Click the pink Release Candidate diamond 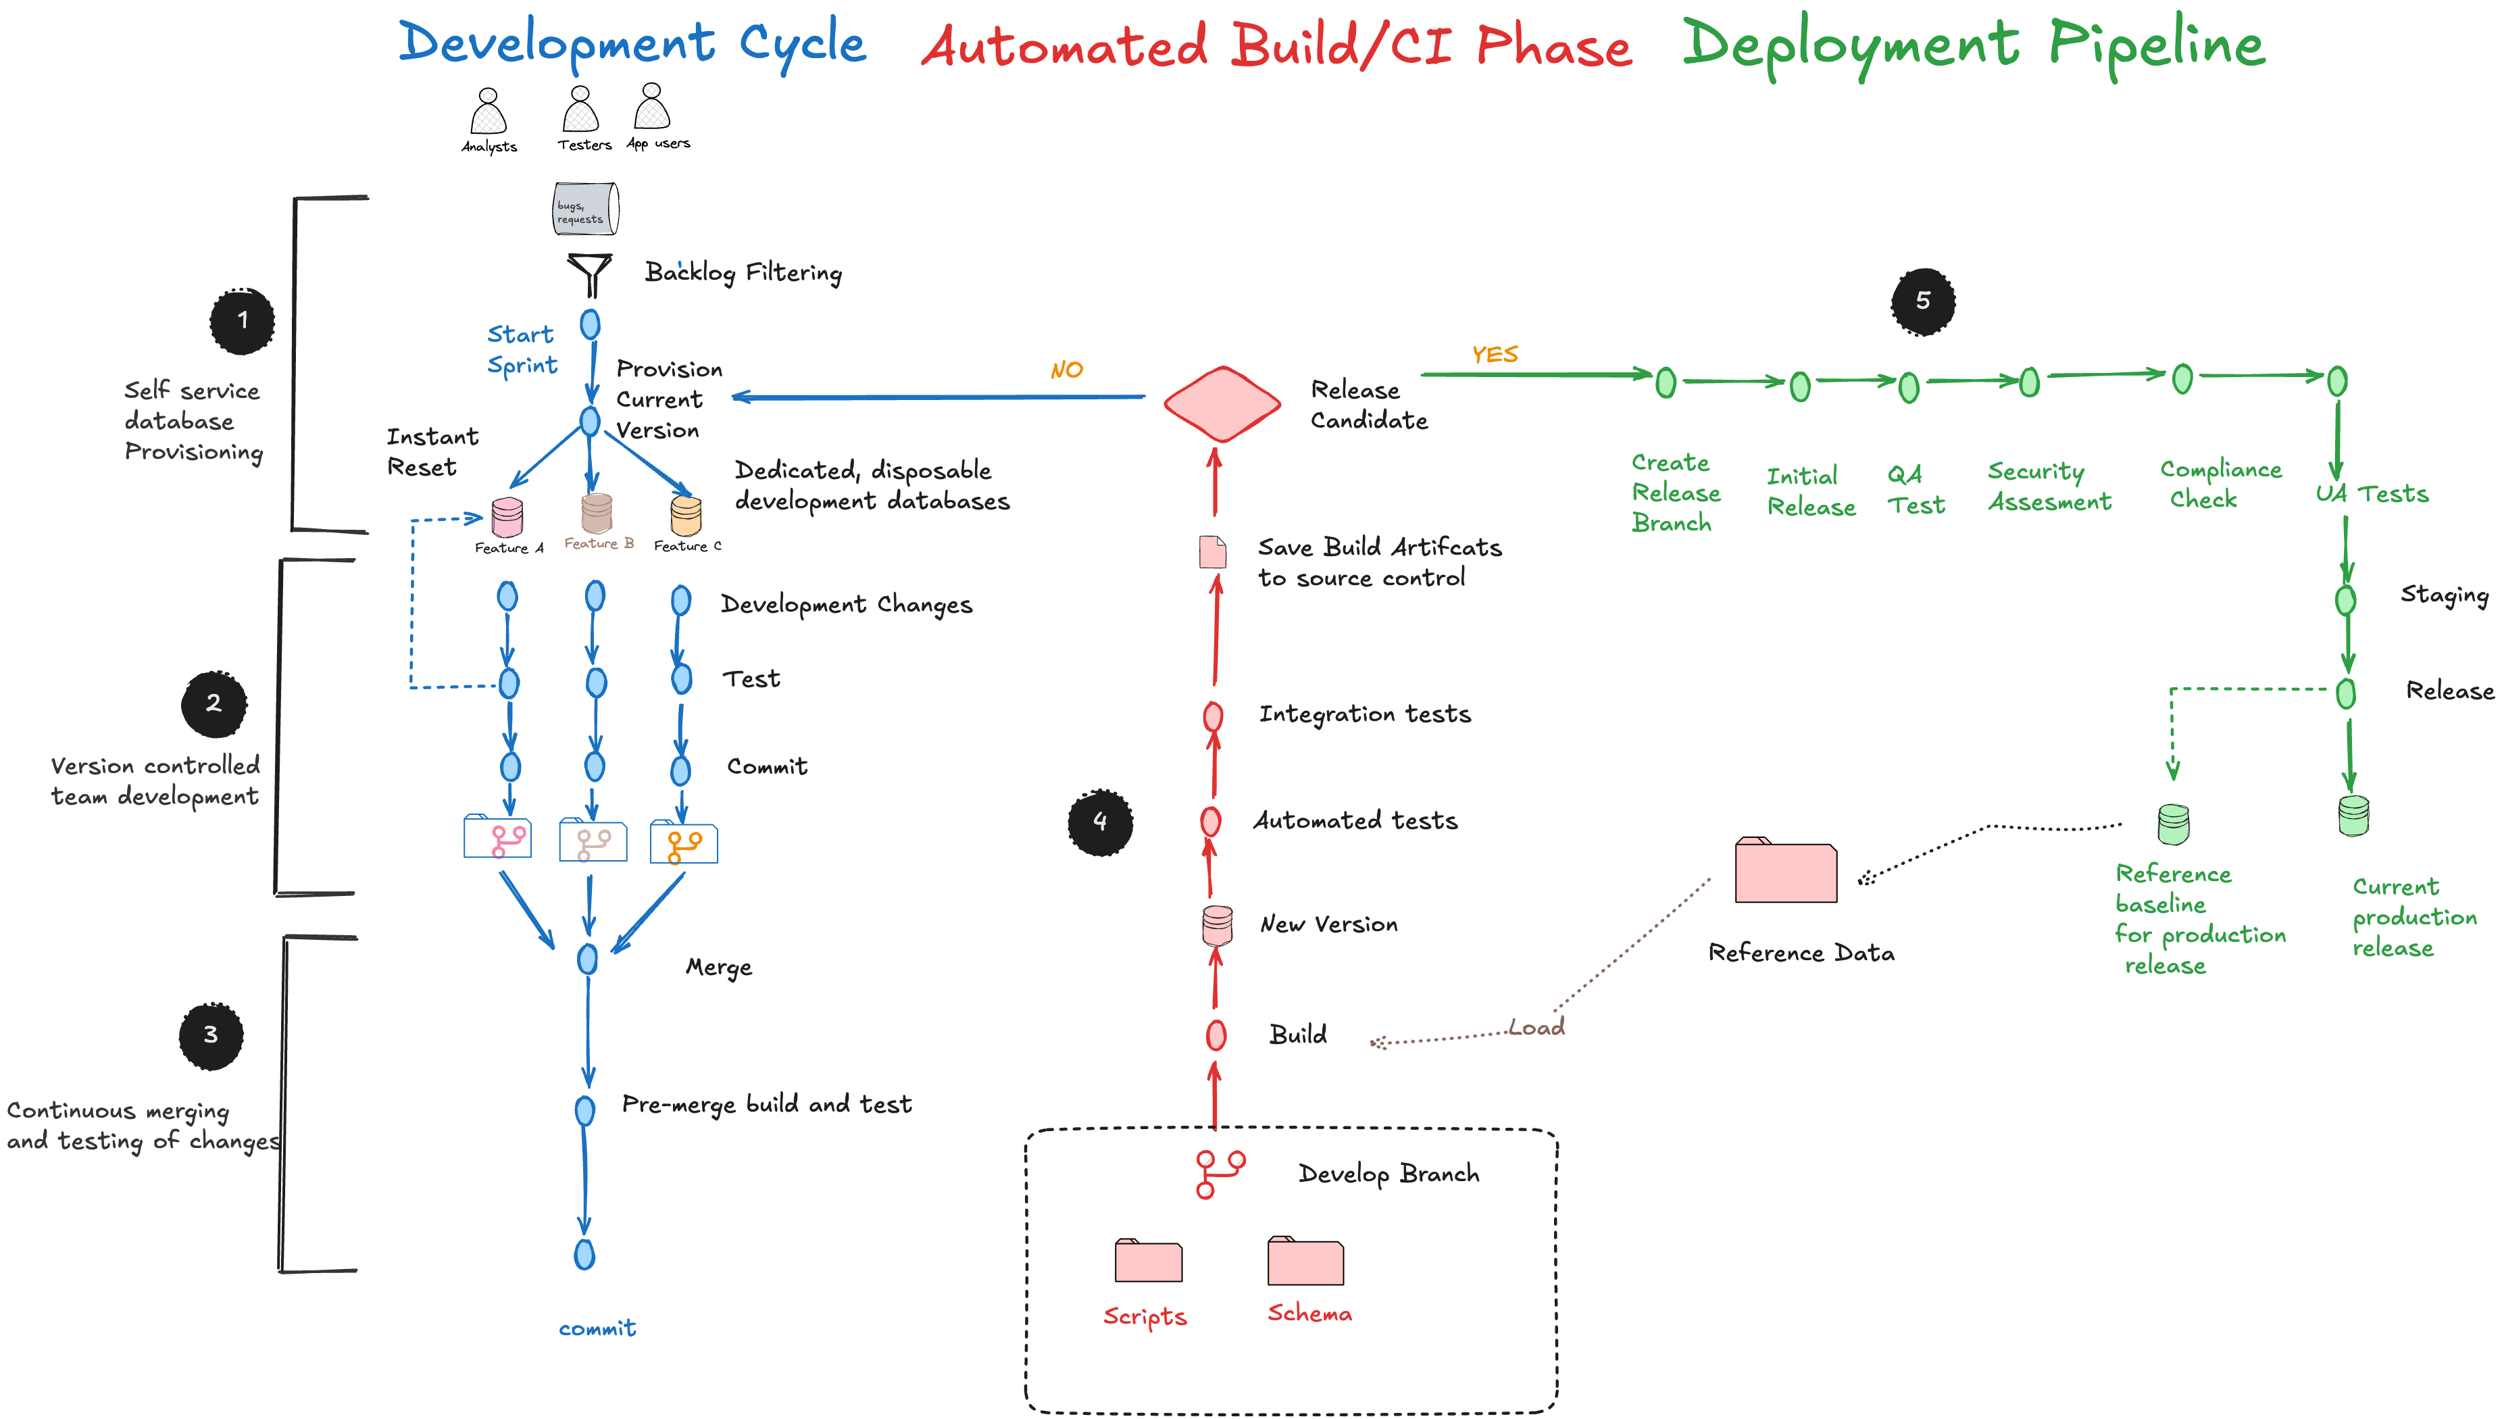(1222, 403)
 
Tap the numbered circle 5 (1922, 301)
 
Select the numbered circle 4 (1100, 822)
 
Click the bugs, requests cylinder (586, 209)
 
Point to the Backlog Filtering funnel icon (589, 274)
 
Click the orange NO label (1067, 370)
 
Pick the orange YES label (1495, 354)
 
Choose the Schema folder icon (1305, 1262)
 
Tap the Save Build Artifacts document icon (1212, 551)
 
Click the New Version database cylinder (1216, 924)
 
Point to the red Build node (1216, 1035)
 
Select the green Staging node (2346, 599)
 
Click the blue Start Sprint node (591, 324)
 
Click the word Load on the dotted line (1536, 1027)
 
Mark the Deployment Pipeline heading (1974, 45)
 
